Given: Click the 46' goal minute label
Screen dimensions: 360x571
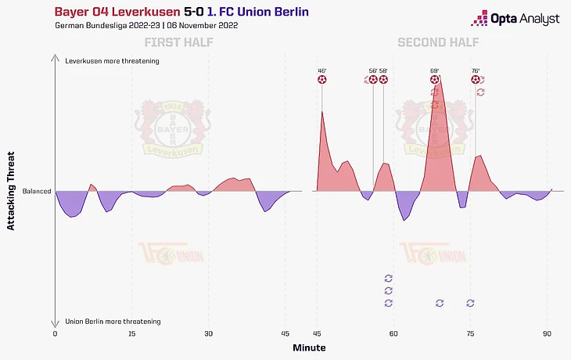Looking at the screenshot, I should [x=321, y=70].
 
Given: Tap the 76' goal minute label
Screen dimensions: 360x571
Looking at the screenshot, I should [x=476, y=70].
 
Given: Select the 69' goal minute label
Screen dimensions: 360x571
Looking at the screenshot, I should [x=435, y=70].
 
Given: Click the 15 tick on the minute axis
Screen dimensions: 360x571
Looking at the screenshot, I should [x=131, y=333].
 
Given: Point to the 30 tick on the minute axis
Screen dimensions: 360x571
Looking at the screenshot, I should [x=208, y=333].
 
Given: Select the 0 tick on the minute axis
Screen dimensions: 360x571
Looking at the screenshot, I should [x=55, y=333].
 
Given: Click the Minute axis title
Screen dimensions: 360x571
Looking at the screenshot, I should [x=309, y=347].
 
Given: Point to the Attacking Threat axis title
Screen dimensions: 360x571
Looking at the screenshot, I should [x=11, y=191].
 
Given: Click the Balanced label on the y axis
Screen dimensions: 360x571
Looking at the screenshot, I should [x=36, y=191].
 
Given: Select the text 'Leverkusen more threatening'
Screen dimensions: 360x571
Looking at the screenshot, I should [x=112, y=61].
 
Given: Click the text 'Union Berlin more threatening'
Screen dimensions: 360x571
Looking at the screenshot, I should [x=113, y=322].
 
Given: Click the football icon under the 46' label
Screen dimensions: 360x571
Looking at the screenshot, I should [x=321, y=79].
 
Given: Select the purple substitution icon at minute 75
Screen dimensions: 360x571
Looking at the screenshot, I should [x=470, y=303].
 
